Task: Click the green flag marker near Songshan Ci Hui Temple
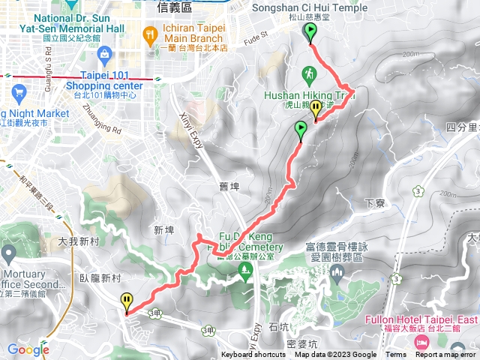310,31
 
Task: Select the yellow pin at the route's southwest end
127,301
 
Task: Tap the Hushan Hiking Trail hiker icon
307,73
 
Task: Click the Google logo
28,349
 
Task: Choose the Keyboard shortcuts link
253,355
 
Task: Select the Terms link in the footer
396,355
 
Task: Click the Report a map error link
447,355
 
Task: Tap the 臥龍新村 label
100,277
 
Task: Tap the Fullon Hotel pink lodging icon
421,342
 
